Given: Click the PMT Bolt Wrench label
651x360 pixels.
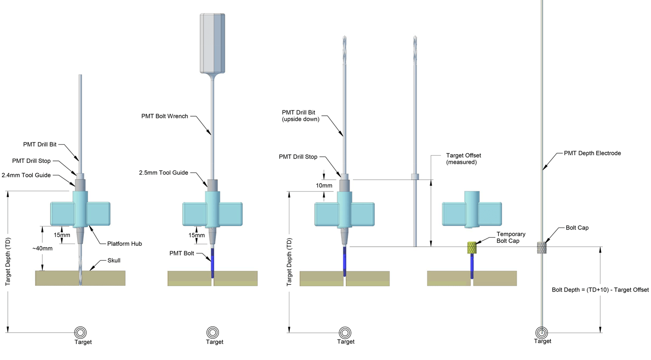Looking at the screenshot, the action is coord(164,116).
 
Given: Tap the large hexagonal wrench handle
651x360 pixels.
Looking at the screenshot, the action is coord(213,43).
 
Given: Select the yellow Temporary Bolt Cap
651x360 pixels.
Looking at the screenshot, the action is coord(472,248).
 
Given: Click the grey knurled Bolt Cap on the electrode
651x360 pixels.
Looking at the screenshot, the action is coord(542,248).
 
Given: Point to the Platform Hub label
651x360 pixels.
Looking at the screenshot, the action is coord(124,244).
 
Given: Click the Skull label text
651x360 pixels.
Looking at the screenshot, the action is coord(114,260).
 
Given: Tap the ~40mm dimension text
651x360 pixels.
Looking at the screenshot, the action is coord(42,248).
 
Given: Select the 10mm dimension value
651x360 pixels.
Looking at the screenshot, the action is coord(324,186).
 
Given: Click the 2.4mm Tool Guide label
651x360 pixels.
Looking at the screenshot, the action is coord(26,175).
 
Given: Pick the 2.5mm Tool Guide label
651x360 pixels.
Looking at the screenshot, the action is coord(163,173).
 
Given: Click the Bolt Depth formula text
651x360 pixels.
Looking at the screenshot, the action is coord(600,290).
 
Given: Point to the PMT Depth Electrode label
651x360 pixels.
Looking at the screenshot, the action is coord(592,153).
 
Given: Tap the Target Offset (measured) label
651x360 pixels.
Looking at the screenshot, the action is coord(463,159).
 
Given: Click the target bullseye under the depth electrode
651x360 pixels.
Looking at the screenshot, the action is coord(542,332).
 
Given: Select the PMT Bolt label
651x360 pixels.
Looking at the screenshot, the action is coord(182,253).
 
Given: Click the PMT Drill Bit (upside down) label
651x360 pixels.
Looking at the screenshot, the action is coord(300,116).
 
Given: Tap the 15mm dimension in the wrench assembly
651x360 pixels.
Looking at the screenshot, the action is coord(196,235).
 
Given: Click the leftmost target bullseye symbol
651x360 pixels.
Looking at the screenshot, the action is coord(80,333).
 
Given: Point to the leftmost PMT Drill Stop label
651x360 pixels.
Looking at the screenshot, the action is coord(31,161).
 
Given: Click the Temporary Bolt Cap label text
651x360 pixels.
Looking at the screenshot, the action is coord(511,238).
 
